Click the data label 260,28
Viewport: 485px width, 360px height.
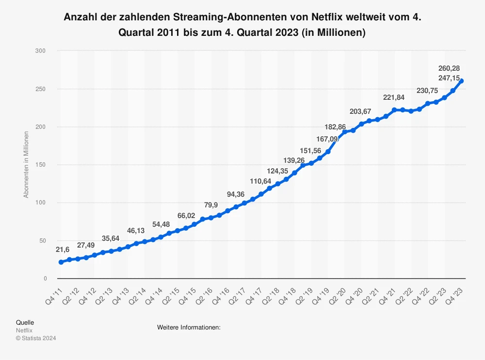click(x=455, y=68)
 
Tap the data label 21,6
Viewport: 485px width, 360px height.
click(x=62, y=250)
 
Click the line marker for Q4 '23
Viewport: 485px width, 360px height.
click(x=461, y=81)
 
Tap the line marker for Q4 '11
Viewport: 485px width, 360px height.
click(x=61, y=262)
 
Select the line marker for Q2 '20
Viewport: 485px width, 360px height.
click(x=345, y=132)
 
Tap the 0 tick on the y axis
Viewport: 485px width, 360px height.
click(x=45, y=279)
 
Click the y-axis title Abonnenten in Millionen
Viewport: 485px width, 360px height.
click(x=26, y=165)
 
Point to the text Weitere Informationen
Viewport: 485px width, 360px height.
click(x=189, y=328)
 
